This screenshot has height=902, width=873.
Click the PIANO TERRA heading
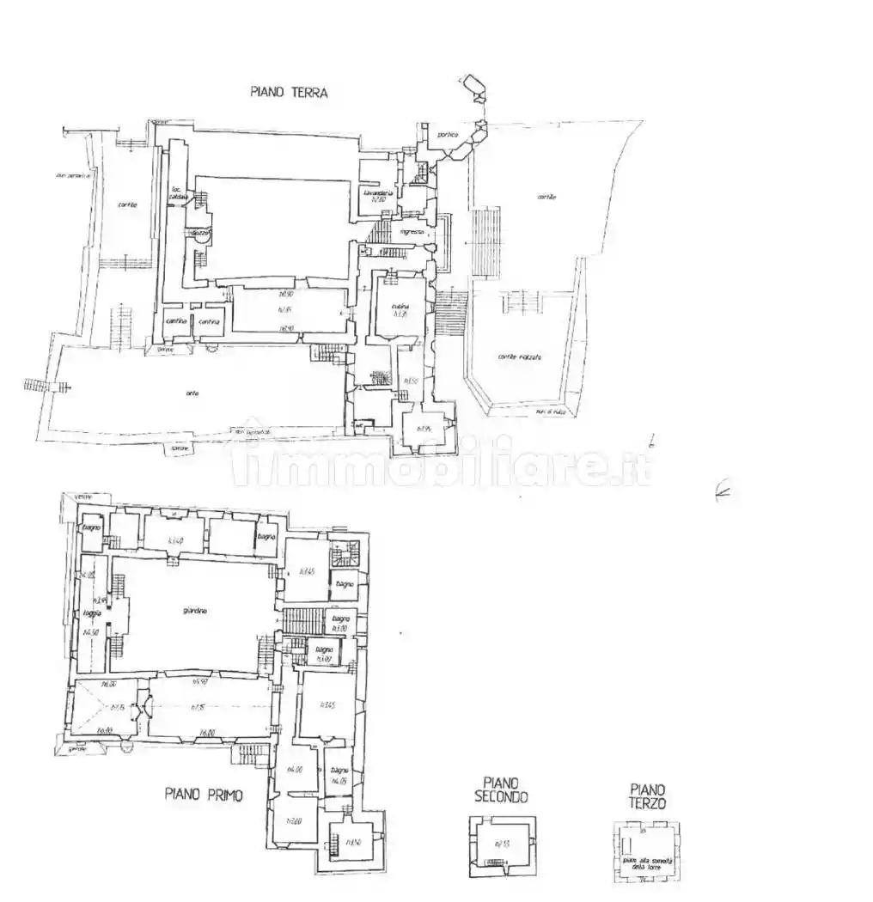click(289, 92)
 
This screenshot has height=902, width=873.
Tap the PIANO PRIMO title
click(204, 795)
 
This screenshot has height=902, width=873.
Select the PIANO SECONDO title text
click(501, 789)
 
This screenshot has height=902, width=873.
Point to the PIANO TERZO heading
click(647, 795)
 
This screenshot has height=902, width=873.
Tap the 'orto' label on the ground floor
click(192, 393)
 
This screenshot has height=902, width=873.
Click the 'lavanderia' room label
click(378, 193)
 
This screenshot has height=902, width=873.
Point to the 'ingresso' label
click(412, 232)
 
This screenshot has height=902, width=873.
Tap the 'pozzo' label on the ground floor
click(201, 232)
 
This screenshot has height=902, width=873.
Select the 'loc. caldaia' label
click(178, 192)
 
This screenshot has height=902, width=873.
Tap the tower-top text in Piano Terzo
click(648, 861)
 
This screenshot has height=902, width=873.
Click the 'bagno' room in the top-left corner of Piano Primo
click(92, 527)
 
